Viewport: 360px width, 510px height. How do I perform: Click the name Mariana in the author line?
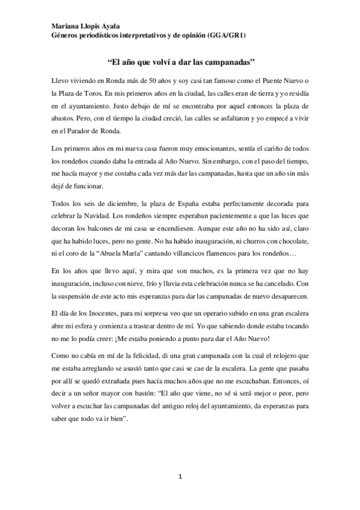(x=63, y=26)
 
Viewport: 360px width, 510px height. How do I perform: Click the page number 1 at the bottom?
(x=180, y=478)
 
